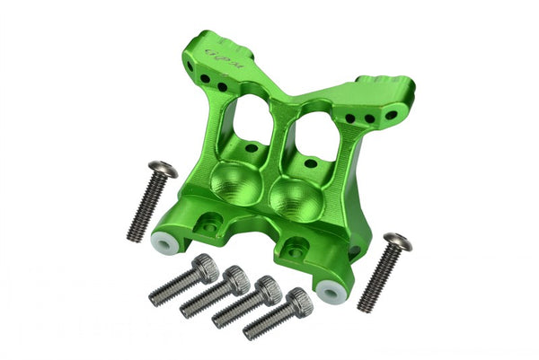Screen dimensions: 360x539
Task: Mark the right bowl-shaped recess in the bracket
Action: tap(291, 197)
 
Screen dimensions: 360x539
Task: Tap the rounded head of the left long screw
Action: tap(163, 169)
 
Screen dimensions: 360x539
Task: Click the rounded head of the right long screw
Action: tap(397, 241)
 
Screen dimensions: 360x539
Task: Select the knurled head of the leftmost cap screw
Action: tap(206, 266)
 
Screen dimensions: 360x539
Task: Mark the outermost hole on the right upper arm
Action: tap(369, 119)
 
